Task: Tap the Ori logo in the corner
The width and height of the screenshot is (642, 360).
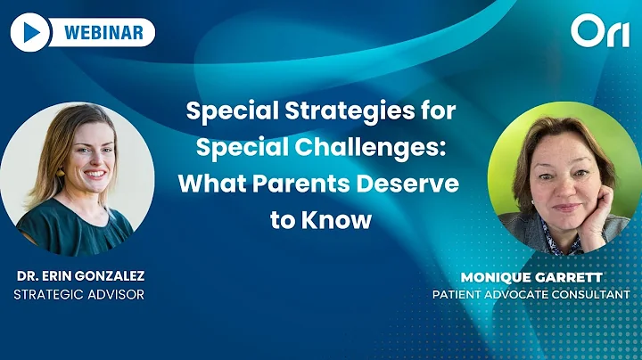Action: (599, 33)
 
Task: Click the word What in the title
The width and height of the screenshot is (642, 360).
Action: (213, 184)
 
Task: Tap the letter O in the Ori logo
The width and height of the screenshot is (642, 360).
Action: (588, 33)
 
